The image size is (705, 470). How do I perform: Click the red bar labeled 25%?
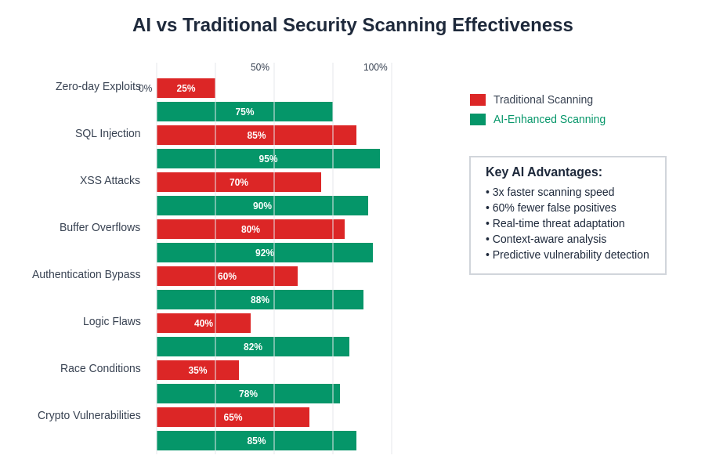tap(186, 89)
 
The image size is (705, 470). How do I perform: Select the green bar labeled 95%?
tap(268, 159)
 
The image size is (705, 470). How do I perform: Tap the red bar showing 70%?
tap(239, 183)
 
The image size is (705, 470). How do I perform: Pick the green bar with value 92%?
tap(265, 253)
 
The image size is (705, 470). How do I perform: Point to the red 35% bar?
tap(197, 371)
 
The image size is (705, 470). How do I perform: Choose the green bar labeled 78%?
tap(248, 394)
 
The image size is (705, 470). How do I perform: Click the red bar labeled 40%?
tap(204, 324)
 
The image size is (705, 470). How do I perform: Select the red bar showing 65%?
tap(233, 418)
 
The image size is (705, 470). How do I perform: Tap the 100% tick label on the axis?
tap(375, 67)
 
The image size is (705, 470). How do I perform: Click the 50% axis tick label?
tap(260, 67)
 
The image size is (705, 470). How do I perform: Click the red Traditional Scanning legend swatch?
tap(478, 99)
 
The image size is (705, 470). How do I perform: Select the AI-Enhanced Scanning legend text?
tap(549, 119)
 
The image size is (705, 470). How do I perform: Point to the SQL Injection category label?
tap(108, 133)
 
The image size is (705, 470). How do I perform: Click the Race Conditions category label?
tap(100, 368)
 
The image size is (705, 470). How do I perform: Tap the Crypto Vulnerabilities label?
tap(89, 415)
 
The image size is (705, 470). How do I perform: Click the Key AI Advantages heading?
tap(544, 172)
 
